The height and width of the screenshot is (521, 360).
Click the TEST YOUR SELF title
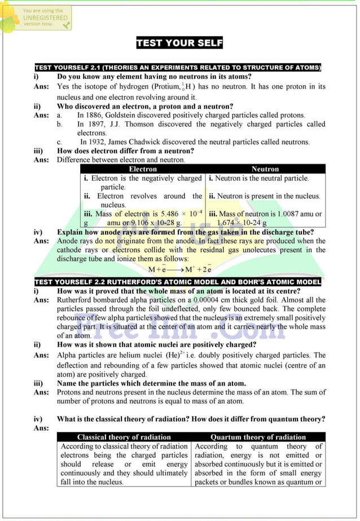[179, 43]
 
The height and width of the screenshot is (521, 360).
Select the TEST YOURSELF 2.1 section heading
[178, 68]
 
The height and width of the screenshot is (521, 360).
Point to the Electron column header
[143, 169]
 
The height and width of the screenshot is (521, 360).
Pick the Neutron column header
[265, 169]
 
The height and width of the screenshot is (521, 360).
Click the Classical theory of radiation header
[124, 437]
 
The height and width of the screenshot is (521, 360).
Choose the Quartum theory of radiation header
[258, 437]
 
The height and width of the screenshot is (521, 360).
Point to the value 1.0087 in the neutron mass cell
[291, 214]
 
